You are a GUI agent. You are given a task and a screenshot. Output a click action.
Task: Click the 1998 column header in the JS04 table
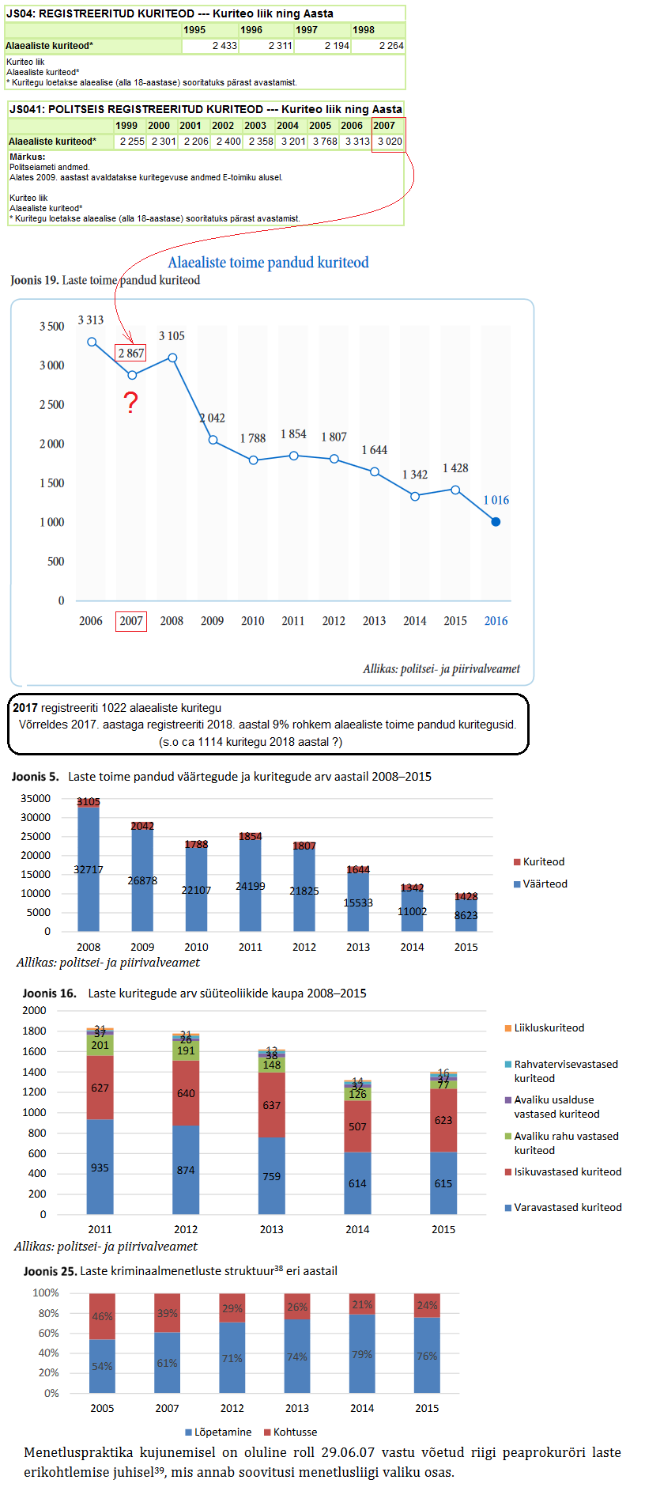(364, 30)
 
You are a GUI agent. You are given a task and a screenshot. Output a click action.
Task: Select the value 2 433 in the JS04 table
(224, 46)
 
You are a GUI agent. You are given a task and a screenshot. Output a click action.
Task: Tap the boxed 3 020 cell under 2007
(389, 142)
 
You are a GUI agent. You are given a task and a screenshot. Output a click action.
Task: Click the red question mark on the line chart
(131, 403)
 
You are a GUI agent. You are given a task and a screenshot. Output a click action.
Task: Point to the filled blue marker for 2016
(496, 522)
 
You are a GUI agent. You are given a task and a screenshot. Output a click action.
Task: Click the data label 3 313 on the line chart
(91, 320)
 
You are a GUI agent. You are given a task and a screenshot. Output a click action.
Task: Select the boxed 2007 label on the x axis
(131, 621)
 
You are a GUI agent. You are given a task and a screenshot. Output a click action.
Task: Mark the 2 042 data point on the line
(213, 440)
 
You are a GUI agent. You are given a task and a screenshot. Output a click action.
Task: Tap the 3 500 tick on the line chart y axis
(52, 326)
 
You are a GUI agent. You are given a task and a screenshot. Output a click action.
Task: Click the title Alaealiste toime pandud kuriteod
(268, 263)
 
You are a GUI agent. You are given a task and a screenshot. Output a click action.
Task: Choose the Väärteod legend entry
(545, 884)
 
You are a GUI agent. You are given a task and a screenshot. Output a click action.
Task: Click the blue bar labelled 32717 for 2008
(89, 870)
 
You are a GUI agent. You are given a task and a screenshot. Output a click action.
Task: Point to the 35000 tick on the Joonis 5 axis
(36, 798)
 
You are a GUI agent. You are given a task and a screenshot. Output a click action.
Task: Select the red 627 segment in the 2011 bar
(100, 1088)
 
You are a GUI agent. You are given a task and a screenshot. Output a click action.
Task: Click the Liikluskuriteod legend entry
(549, 1027)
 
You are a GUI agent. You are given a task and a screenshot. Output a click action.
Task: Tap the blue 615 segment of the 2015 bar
(443, 1183)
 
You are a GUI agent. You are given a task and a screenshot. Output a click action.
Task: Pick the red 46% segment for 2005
(102, 1317)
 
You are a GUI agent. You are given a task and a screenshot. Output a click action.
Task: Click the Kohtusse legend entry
(295, 1432)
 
